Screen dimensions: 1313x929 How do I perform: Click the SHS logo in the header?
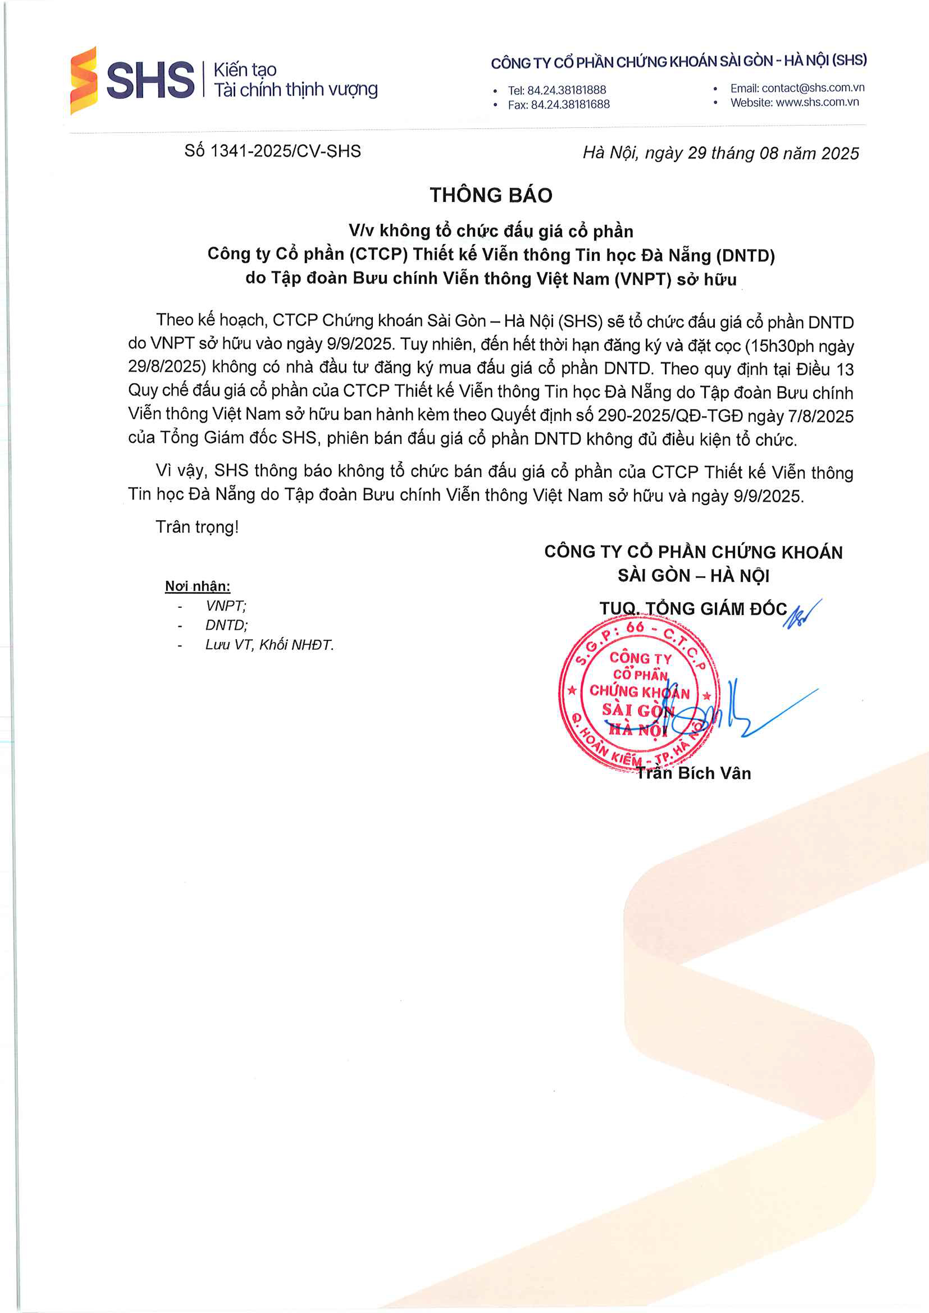[133, 80]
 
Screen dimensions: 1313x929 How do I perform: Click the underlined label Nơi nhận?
[197, 586]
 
